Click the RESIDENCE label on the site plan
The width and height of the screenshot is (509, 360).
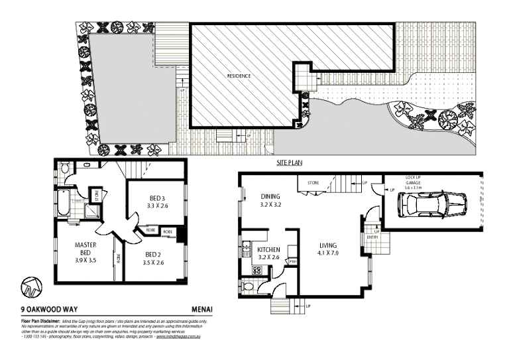click(x=239, y=76)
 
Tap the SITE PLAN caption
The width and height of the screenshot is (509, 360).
click(x=290, y=162)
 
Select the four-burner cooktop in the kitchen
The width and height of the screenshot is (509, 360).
click(x=256, y=270)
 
